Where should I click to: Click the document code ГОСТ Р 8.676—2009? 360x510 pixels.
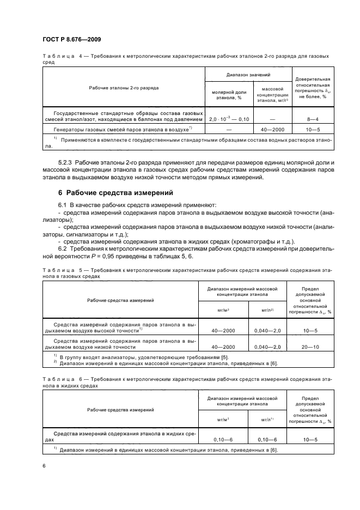point(71,39)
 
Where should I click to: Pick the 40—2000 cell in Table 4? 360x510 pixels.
point(272,130)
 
